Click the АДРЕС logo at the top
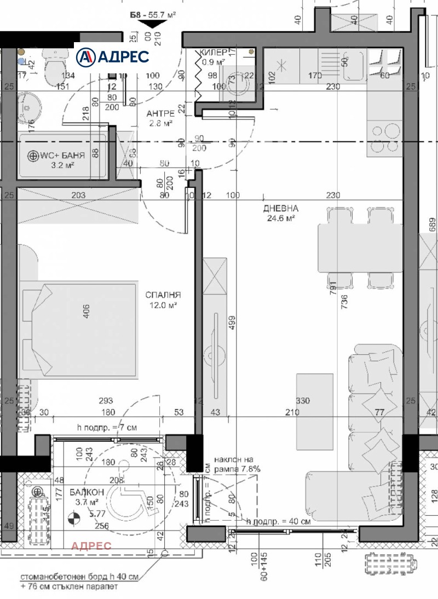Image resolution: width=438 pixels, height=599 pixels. click(x=112, y=56)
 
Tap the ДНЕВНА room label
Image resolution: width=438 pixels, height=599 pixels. click(x=280, y=209)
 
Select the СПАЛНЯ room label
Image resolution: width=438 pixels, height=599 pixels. click(x=163, y=295)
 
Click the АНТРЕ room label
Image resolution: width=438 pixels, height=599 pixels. click(x=160, y=113)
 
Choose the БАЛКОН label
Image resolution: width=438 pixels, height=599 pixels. click(x=84, y=492)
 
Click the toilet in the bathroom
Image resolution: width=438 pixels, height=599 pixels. click(x=54, y=68)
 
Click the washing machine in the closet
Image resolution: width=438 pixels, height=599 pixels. click(x=238, y=85)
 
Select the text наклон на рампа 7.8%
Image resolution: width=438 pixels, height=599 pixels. click(x=237, y=465)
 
